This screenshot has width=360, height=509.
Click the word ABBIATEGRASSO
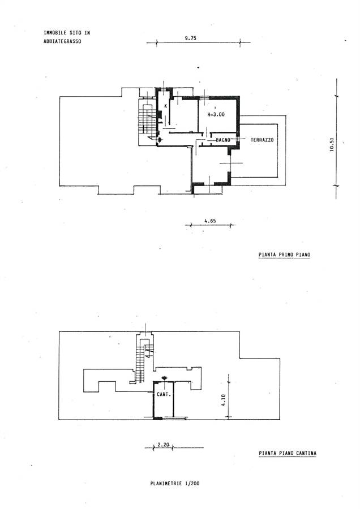pyautogui.click(x=62, y=41)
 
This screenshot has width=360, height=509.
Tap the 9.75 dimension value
pyautogui.click(x=191, y=38)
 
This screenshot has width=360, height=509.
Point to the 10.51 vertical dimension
pyautogui.click(x=332, y=144)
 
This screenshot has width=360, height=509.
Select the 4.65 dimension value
pyautogui.click(x=210, y=221)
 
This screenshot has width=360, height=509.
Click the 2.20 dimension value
pyautogui.click(x=164, y=445)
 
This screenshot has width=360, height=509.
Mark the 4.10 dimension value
pyautogui.click(x=223, y=400)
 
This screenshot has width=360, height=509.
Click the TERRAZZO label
pyautogui.click(x=262, y=140)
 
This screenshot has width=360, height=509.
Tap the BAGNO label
pyautogui.click(x=223, y=140)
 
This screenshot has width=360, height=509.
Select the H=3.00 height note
pyautogui.click(x=216, y=114)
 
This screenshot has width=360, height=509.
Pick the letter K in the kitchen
pyautogui.click(x=166, y=106)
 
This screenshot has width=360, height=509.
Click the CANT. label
pyautogui.click(x=164, y=394)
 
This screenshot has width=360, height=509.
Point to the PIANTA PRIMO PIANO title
pyautogui.click(x=284, y=255)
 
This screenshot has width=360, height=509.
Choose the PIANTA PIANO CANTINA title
pyautogui.click(x=288, y=453)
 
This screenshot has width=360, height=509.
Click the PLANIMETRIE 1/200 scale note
pyautogui.click(x=175, y=484)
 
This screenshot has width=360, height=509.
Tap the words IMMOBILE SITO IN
pyautogui.click(x=67, y=33)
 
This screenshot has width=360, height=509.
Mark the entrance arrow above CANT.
pyautogui.click(x=164, y=378)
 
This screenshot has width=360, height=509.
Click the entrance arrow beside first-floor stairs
pyautogui.click(x=160, y=140)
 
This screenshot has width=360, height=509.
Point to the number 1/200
pyautogui.click(x=192, y=484)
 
